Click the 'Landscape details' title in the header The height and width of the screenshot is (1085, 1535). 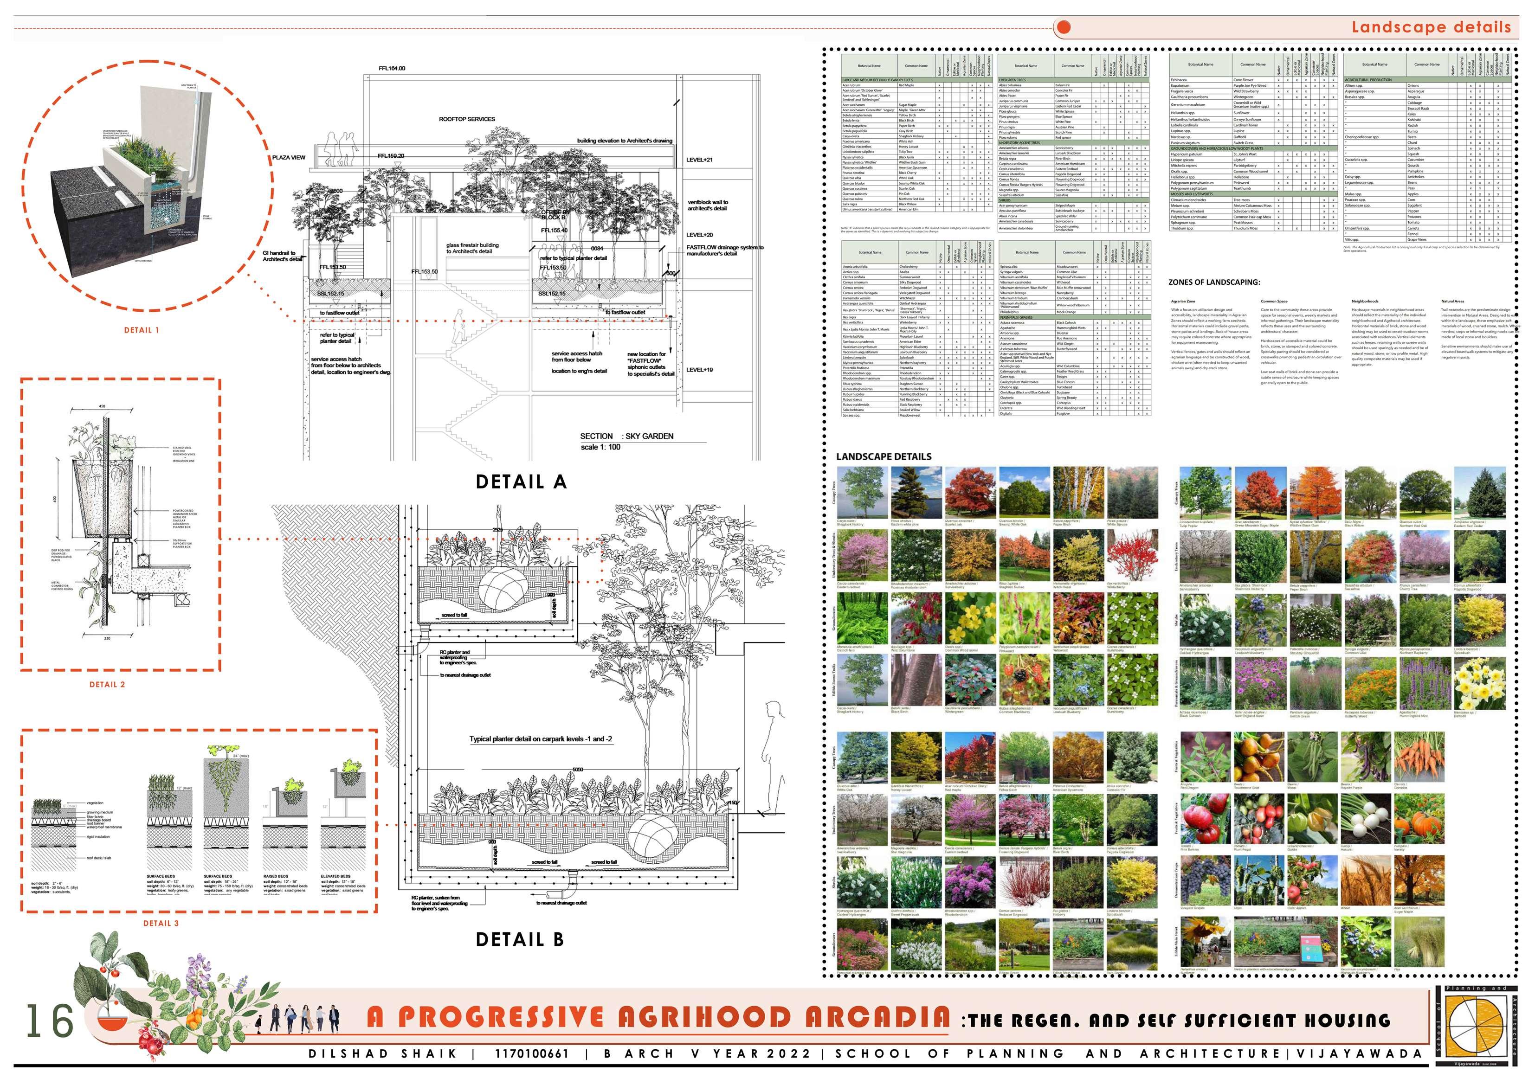1431,27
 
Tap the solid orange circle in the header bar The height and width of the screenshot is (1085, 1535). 1064,27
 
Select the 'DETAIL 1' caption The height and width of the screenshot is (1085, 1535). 142,330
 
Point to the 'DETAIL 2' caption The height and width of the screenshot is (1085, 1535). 108,685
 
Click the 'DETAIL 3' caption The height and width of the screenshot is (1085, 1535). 161,923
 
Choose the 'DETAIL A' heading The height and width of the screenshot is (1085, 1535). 521,482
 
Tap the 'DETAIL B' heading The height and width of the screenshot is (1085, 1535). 519,939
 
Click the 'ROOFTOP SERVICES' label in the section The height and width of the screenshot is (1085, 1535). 467,120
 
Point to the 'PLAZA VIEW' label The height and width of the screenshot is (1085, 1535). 289,158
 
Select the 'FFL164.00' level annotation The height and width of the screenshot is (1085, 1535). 392,69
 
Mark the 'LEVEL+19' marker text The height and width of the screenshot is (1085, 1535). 699,370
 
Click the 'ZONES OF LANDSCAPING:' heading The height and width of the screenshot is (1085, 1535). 1214,282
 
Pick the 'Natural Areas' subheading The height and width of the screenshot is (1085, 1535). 1452,302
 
